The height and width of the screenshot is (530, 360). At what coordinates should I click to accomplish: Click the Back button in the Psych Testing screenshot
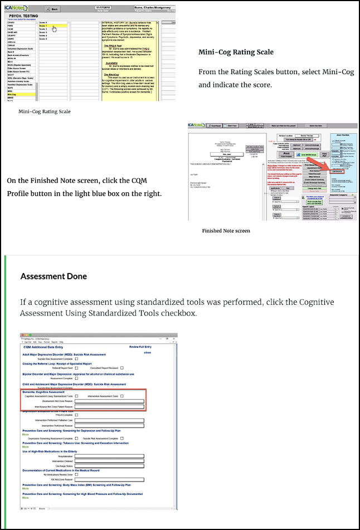(x=52, y=9)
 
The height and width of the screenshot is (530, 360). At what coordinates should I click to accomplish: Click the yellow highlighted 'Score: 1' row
(x=53, y=26)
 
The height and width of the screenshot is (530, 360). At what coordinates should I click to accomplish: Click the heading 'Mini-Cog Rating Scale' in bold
(x=236, y=52)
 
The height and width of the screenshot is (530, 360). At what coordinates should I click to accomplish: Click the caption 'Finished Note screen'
(x=226, y=230)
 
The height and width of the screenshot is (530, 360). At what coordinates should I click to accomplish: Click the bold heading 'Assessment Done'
(x=53, y=276)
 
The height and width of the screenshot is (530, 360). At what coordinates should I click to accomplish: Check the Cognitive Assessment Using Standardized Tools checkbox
(x=76, y=396)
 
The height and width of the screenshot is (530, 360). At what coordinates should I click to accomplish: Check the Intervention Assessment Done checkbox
(x=121, y=396)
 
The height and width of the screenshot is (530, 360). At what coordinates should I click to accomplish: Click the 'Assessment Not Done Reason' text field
(x=109, y=401)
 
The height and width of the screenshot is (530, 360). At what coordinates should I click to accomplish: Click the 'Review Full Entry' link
(x=140, y=347)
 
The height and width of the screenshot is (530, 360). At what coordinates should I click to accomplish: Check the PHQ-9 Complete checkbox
(x=76, y=415)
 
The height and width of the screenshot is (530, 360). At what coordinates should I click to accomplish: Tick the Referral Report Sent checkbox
(x=76, y=368)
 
